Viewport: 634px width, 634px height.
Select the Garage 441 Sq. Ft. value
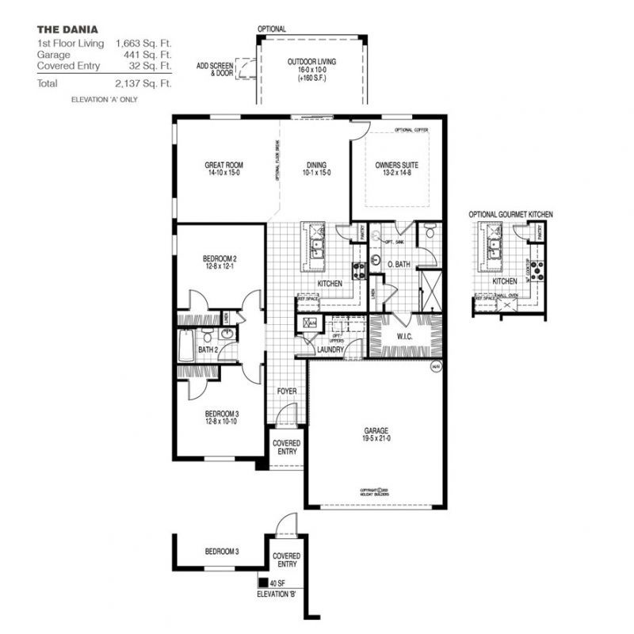144,55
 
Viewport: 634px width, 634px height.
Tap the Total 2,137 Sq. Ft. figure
144,82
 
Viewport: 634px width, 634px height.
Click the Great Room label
223,170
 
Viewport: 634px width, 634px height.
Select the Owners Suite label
396,170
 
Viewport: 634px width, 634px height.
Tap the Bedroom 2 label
220,262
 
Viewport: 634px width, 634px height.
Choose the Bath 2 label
207,349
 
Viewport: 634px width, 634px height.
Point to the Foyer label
285,391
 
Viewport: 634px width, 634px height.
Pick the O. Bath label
399,265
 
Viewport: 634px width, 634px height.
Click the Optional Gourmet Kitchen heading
510,215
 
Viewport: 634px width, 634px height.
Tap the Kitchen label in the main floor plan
330,283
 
